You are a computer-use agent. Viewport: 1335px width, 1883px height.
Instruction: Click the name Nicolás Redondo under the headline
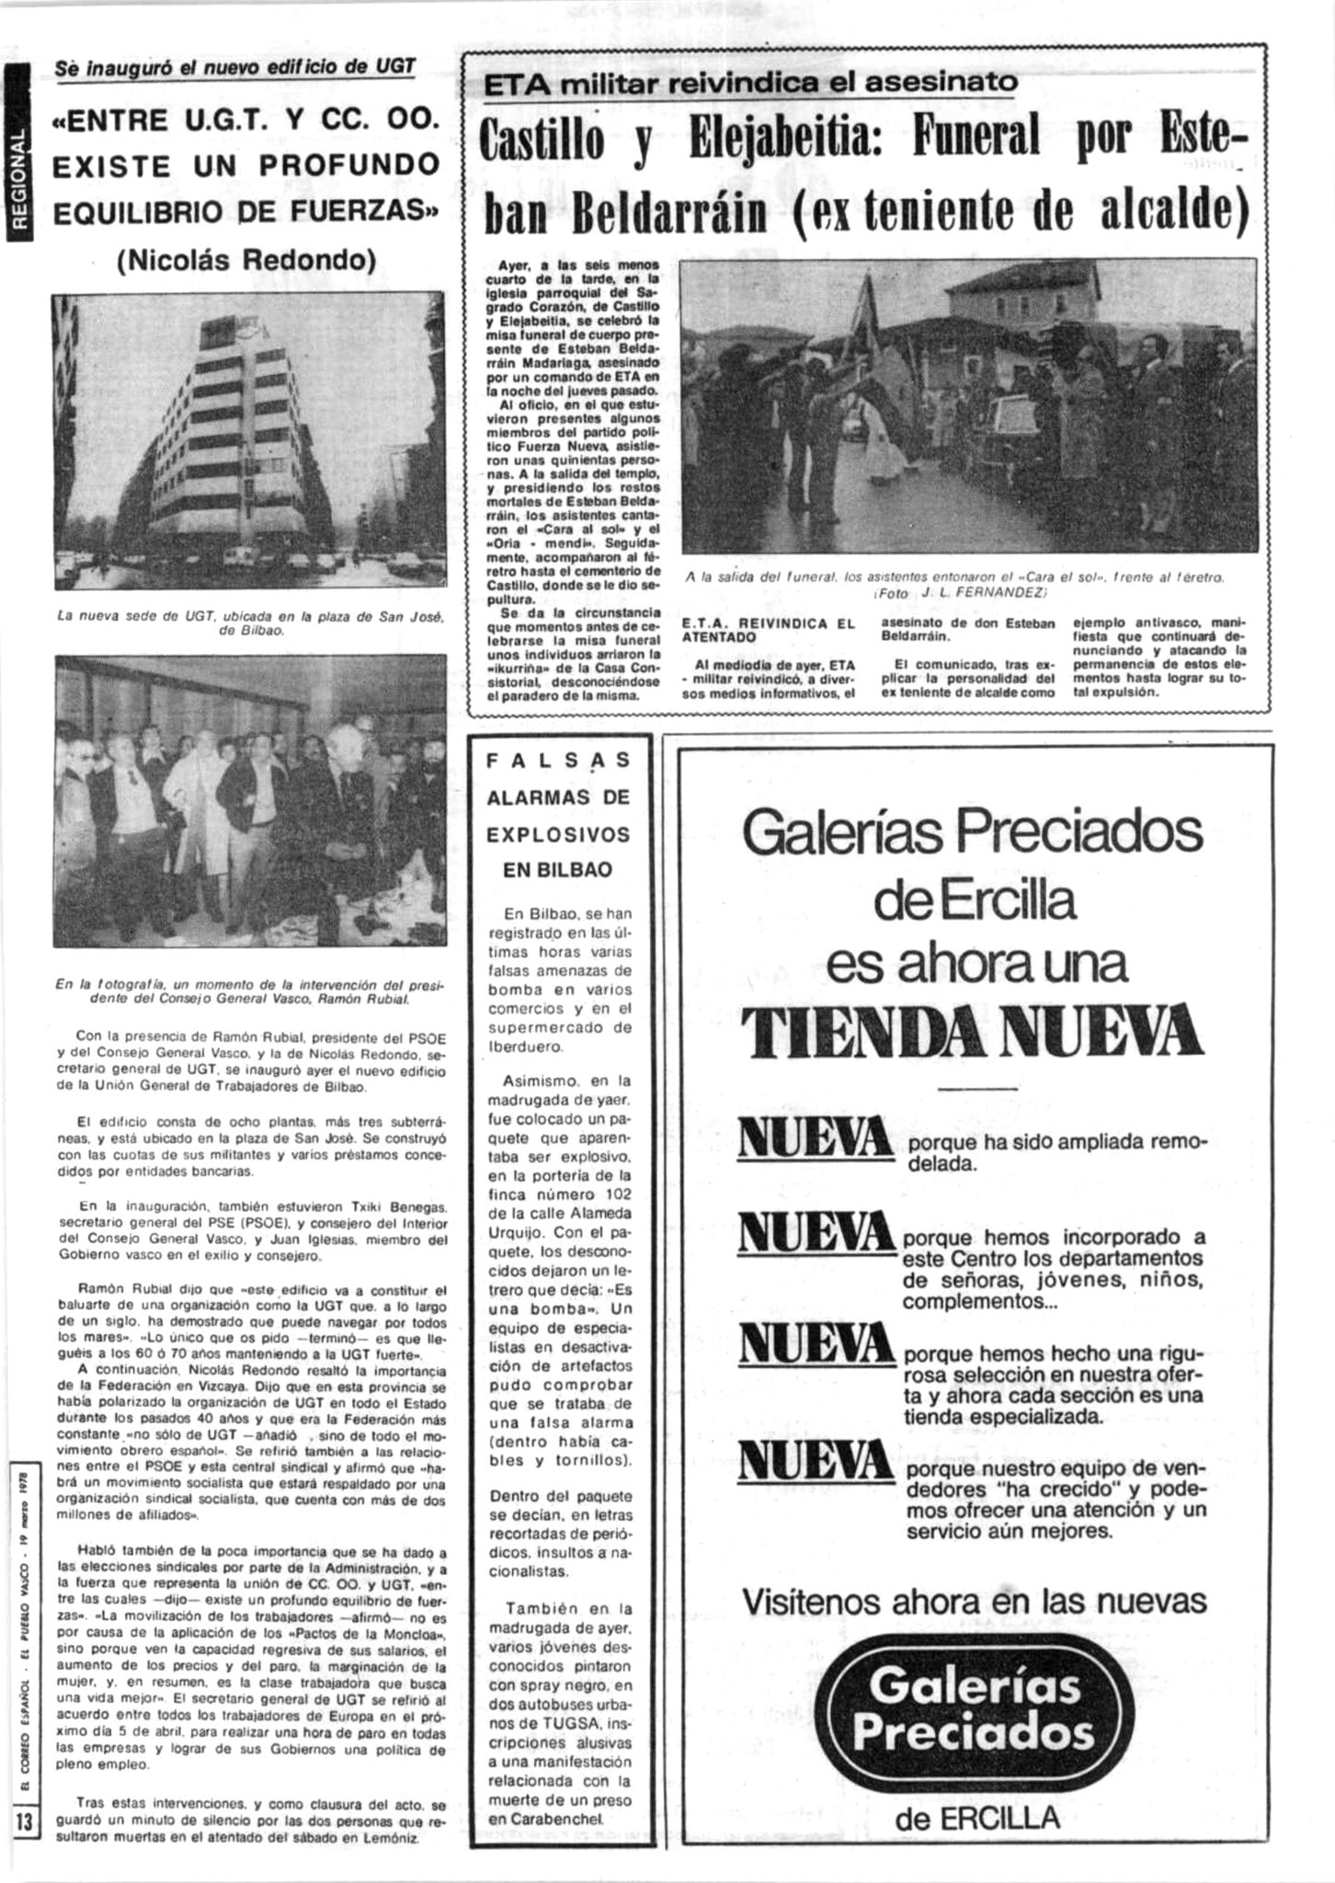click(x=247, y=260)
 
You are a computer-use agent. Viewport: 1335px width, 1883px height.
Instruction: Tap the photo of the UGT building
click(x=247, y=441)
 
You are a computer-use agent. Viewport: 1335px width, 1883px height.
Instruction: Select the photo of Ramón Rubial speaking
click(x=247, y=800)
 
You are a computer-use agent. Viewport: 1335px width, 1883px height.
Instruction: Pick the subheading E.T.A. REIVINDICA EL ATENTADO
click(x=768, y=630)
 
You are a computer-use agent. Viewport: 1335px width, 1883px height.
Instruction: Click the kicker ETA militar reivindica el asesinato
click(x=750, y=83)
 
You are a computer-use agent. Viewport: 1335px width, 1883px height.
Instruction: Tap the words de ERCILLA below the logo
click(x=976, y=1816)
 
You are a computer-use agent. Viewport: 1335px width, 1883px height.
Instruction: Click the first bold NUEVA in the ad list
click(x=815, y=1137)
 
